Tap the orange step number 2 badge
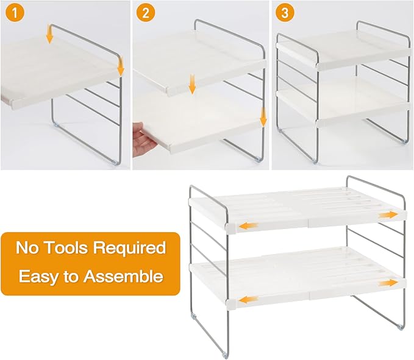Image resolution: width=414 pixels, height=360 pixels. [145, 13]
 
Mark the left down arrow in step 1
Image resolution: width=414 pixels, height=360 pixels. [50, 37]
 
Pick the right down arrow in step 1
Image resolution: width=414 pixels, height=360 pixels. [121, 66]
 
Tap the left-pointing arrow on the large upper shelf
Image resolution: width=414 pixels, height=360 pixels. [248, 226]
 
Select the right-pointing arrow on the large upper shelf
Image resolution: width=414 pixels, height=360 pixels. [386, 216]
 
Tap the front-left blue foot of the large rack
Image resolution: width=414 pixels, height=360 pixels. [227, 354]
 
